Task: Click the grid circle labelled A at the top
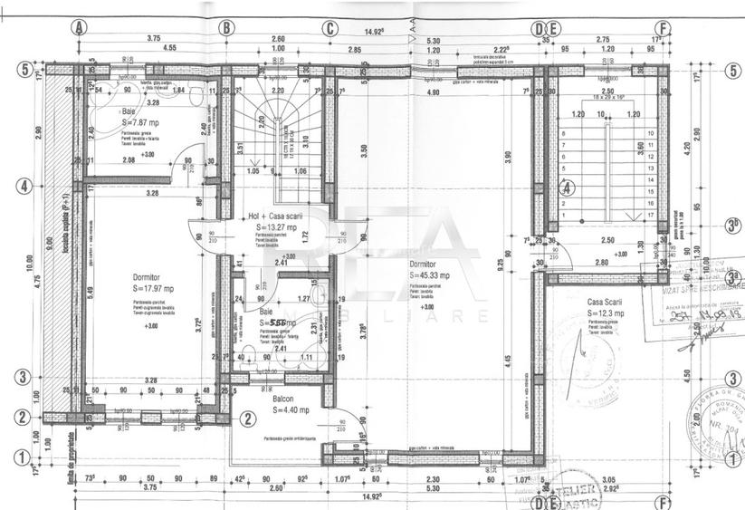click(x=81, y=27)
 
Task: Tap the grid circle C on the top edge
click(x=331, y=27)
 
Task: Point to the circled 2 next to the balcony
click(x=246, y=418)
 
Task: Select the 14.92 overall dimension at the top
click(x=377, y=15)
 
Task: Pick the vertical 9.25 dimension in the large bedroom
click(x=500, y=260)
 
